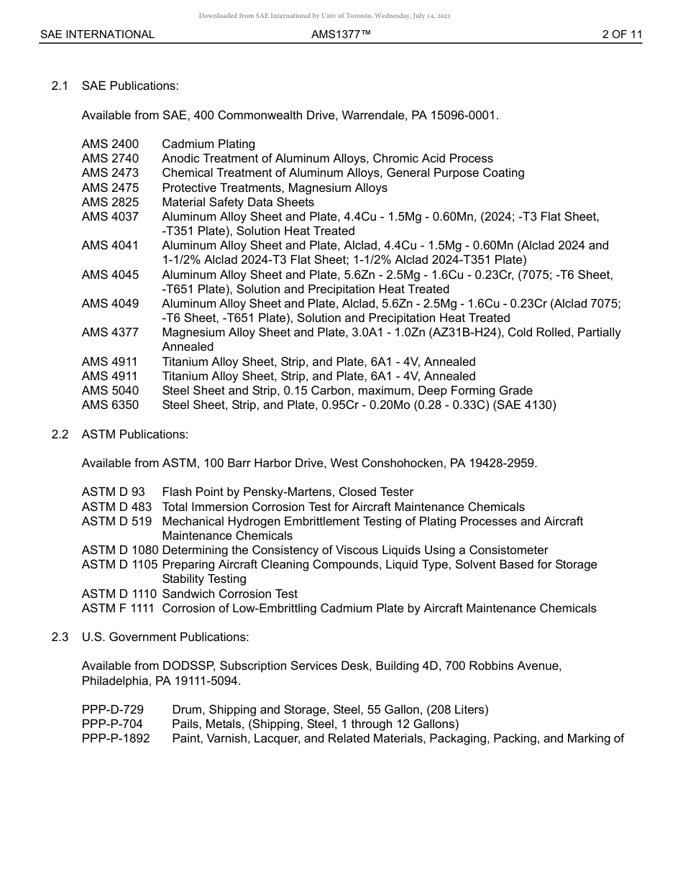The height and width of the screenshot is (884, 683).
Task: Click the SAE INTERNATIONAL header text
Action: point(97,34)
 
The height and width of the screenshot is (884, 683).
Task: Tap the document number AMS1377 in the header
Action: point(341,34)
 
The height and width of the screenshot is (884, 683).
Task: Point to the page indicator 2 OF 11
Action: point(622,34)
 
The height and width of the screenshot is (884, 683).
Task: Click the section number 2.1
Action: point(60,86)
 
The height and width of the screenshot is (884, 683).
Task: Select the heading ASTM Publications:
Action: point(135,434)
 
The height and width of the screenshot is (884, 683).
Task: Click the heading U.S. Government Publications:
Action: point(165,637)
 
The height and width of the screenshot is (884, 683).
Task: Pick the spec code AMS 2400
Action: point(110,144)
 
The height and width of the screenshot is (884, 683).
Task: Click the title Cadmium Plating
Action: point(208,144)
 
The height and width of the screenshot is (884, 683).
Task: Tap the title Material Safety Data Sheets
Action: point(238,203)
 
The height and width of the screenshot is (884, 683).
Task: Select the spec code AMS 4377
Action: point(110,333)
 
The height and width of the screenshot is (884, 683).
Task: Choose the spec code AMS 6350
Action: point(110,405)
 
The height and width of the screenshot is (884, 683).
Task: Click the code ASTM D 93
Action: point(113,492)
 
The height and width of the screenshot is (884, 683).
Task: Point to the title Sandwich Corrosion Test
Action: point(229,594)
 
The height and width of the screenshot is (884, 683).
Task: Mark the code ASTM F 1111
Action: point(119,609)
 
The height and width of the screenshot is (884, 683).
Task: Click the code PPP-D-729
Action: point(112,710)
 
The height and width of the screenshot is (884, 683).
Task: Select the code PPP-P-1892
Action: point(116,739)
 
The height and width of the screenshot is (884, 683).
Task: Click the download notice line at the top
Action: point(324,16)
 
